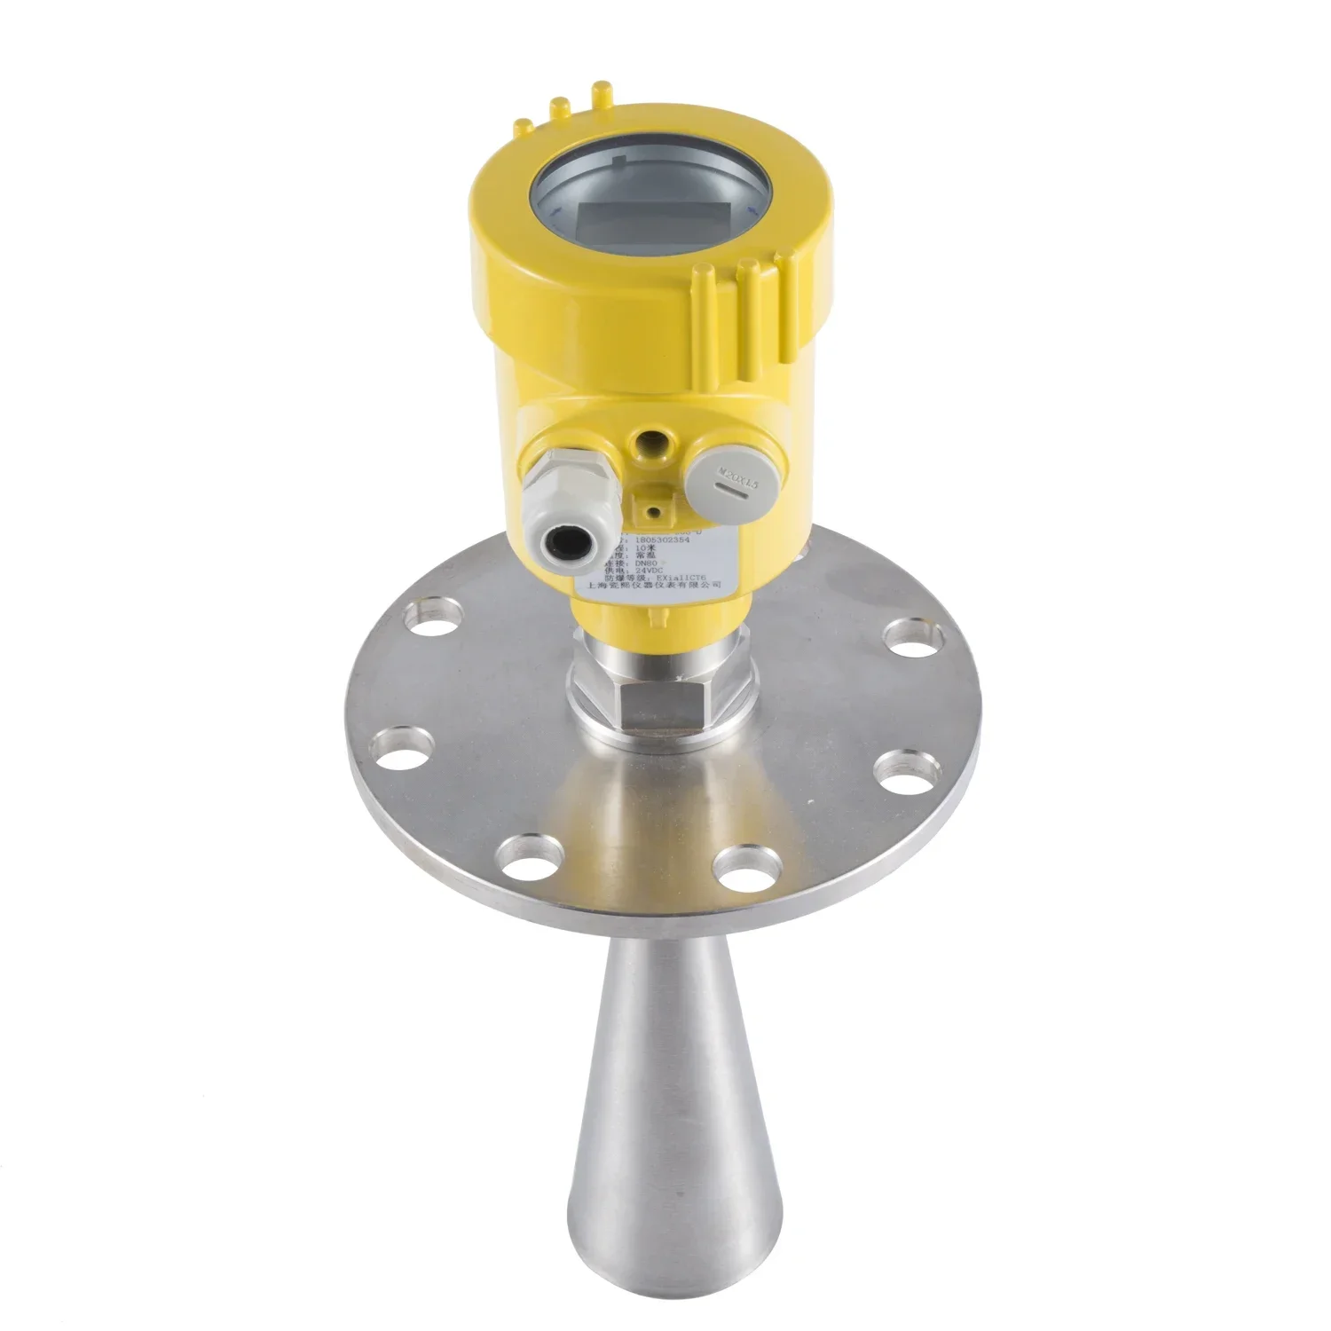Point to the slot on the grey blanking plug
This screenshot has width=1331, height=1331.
point(729,488)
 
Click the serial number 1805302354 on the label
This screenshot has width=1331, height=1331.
point(672,537)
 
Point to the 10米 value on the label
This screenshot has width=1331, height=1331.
point(660,548)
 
